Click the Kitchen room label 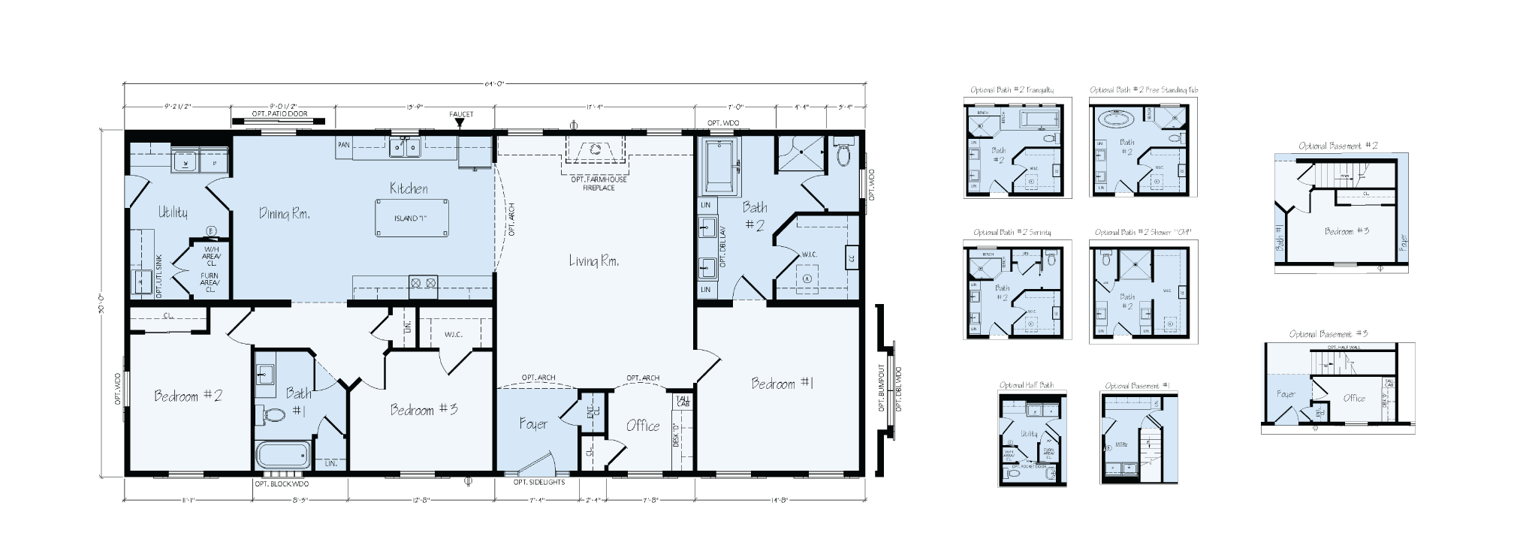pyautogui.click(x=409, y=189)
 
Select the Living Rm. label pyautogui.click(x=593, y=261)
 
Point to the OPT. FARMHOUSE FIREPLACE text pyautogui.click(x=599, y=183)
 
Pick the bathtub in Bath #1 pyautogui.click(x=282, y=455)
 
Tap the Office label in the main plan pyautogui.click(x=643, y=426)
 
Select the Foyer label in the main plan pyautogui.click(x=533, y=424)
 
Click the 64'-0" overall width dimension pyautogui.click(x=494, y=83)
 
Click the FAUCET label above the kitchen pyautogui.click(x=462, y=115)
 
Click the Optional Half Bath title pyautogui.click(x=1026, y=385)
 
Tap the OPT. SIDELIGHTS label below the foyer pyautogui.click(x=538, y=483)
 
